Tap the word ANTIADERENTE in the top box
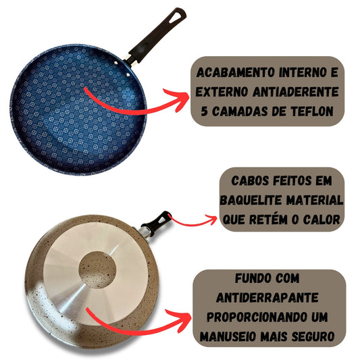296,92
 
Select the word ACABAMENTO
236,72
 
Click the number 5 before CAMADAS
204,111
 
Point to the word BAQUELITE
251,200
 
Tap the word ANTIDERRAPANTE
267,298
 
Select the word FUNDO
250,278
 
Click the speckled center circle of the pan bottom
97,269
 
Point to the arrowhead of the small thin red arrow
211,220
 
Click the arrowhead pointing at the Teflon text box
179,99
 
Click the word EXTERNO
222,92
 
